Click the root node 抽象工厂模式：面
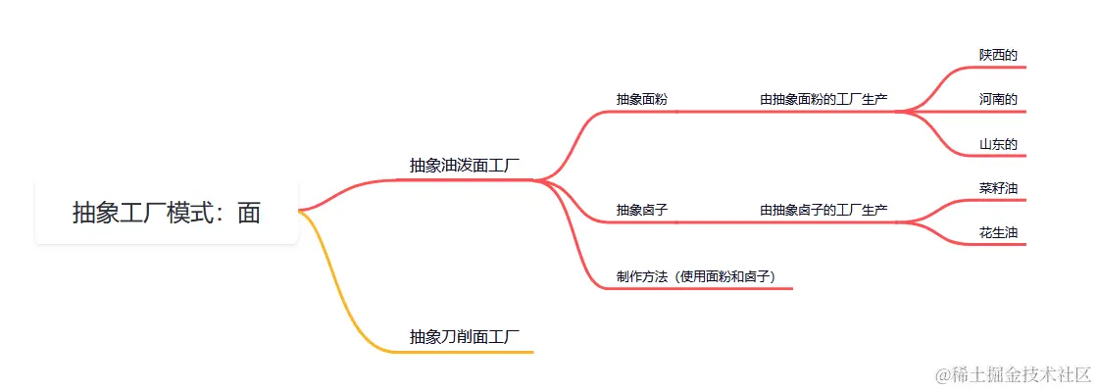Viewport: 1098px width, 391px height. (167, 213)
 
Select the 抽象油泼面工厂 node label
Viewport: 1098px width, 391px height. (465, 165)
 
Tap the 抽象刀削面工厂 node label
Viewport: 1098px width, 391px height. (465, 336)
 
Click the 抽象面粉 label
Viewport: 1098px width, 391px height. (642, 99)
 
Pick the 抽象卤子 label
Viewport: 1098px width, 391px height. (642, 210)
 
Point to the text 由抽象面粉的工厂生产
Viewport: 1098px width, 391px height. (823, 99)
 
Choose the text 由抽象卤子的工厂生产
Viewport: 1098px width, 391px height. (823, 210)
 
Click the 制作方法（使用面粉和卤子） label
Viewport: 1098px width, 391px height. (696, 276)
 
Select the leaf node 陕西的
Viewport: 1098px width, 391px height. (998, 54)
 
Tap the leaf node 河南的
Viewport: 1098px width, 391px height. (998, 99)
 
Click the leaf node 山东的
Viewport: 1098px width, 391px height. (998, 144)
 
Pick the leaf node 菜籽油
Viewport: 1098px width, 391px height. (998, 187)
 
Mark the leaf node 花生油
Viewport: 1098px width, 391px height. (998, 232)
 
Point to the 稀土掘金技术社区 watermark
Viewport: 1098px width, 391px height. (1013, 374)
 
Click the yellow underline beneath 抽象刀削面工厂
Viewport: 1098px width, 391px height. (471, 351)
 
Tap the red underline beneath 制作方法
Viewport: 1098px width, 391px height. (696, 288)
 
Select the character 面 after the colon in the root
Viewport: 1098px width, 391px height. (249, 213)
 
